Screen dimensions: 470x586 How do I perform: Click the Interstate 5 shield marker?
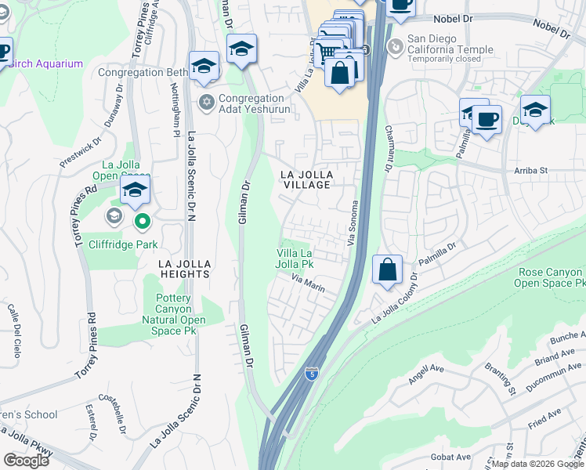coord(312,374)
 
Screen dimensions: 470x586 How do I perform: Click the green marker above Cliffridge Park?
coord(142,222)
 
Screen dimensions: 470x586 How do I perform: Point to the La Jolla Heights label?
coord(183,269)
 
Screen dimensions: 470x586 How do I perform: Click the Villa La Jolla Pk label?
coord(295,258)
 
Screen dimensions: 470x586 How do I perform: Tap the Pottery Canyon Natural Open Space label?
coord(174,309)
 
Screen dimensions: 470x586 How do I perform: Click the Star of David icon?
coord(207,102)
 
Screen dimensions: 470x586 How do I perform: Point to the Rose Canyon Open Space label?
coord(551,277)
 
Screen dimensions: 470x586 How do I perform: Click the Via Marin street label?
coord(308,283)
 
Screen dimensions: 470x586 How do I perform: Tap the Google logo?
coord(26,461)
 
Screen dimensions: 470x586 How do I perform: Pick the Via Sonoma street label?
coord(353,221)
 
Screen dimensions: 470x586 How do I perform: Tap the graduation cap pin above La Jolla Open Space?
coord(135,189)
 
